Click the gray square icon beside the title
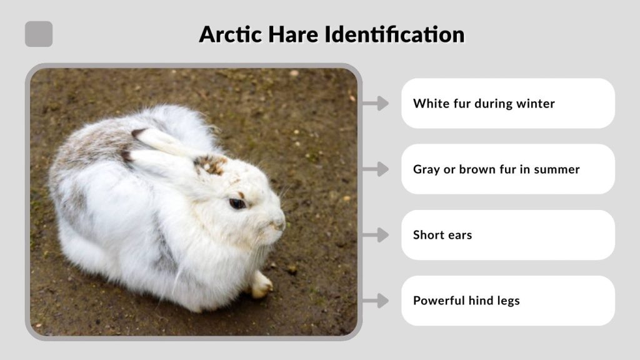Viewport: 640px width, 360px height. pos(39,34)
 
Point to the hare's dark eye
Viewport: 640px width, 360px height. pos(237,203)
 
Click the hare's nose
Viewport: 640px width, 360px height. pos(279,222)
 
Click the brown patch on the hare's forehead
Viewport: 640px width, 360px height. pos(211,164)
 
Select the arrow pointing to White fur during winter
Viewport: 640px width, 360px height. pos(375,103)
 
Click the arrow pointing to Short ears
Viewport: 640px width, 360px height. pos(375,235)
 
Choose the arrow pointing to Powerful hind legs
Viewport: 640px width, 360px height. pos(375,301)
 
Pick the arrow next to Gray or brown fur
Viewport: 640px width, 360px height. pos(375,169)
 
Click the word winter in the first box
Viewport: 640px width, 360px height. pos(536,104)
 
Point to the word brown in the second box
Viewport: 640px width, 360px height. pos(477,169)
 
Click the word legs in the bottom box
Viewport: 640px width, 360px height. pos(507,301)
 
